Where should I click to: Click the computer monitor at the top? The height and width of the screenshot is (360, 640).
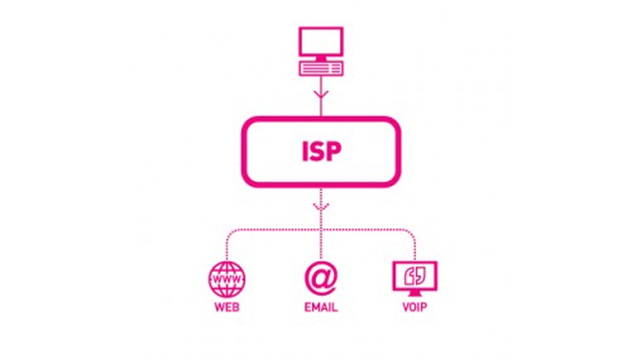coord(319,42)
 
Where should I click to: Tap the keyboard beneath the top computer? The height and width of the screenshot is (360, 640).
coord(319,69)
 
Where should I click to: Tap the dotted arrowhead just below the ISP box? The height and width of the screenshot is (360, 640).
coord(319,209)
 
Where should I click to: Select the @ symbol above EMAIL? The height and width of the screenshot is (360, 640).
coord(319,274)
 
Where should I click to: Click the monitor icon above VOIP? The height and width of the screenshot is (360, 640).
coord(411,273)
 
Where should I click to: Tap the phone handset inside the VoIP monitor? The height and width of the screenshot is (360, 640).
coord(411,272)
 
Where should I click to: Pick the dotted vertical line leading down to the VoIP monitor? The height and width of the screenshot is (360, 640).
coord(411,245)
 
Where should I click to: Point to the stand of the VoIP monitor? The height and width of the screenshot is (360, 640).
coord(411,290)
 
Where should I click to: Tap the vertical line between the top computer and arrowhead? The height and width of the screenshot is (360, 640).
coord(319,87)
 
